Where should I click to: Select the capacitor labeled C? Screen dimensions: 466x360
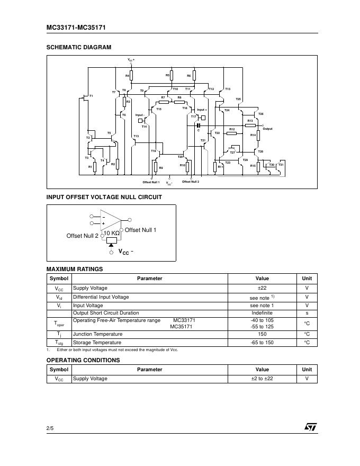pos(199,126)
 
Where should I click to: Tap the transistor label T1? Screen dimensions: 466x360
pos(91,96)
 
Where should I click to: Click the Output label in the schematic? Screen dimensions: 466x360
pos(267,129)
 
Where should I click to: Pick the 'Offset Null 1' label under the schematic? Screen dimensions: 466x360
pos(151,182)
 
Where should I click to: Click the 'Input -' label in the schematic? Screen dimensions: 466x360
pos(140,115)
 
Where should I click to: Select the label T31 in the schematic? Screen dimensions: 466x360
pos(281,165)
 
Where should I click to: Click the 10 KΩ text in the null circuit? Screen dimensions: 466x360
pos(111,233)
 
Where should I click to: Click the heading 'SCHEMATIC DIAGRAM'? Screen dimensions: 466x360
pos(79,47)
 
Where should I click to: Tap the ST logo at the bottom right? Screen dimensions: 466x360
pos(310,426)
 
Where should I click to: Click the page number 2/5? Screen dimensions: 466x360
pos(50,427)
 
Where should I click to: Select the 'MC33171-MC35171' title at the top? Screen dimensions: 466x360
pos(76,27)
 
